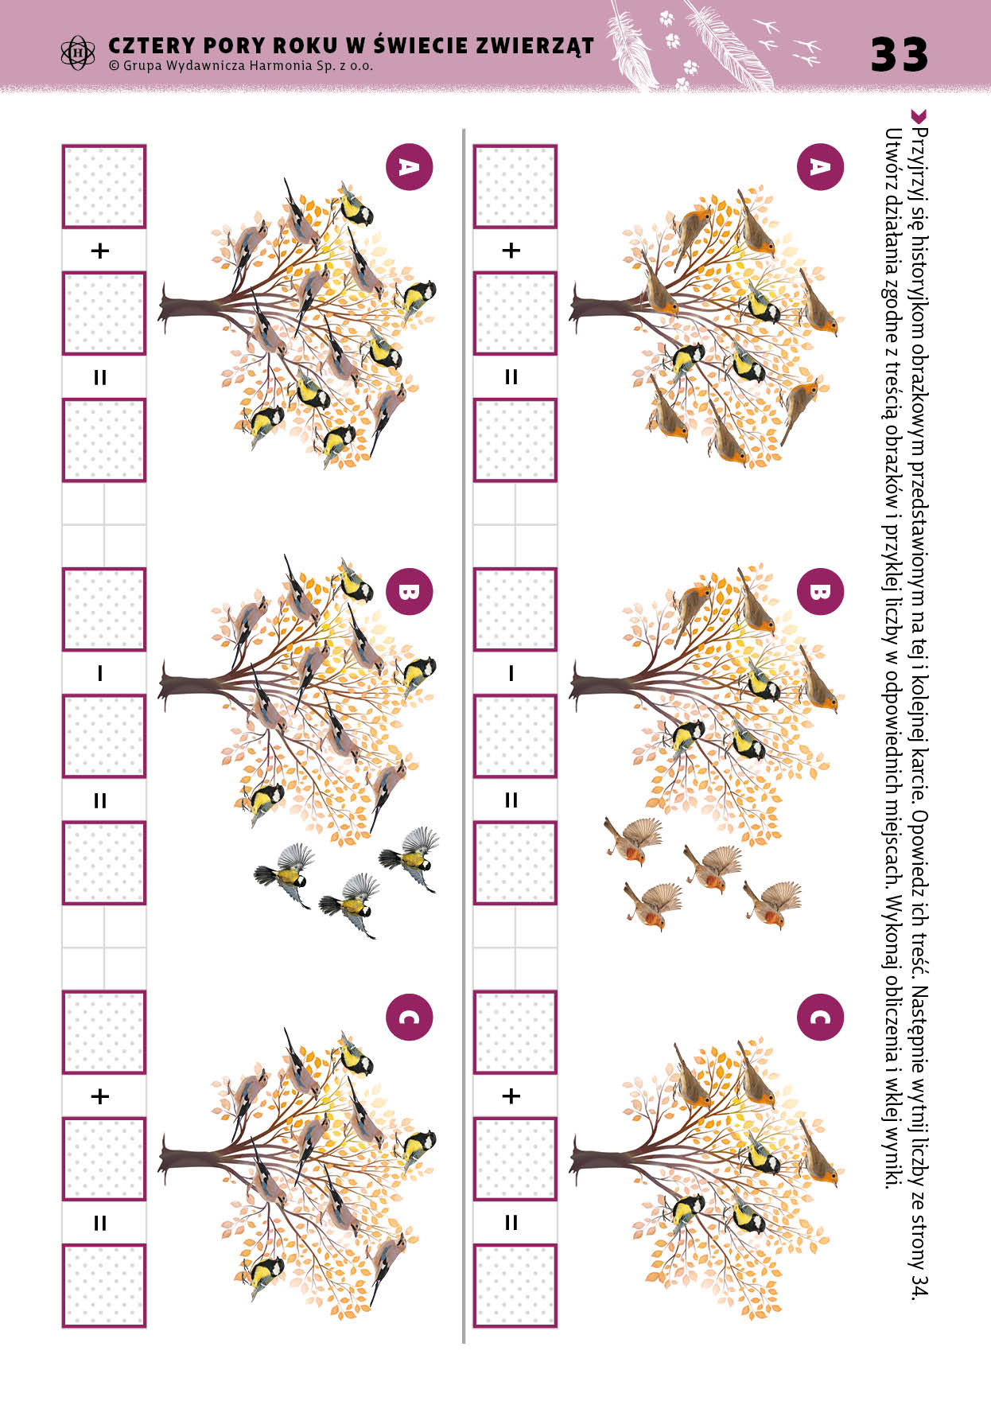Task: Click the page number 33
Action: point(900,54)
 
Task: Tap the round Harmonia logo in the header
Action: point(77,53)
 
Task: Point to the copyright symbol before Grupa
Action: point(114,66)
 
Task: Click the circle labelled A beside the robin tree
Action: point(819,167)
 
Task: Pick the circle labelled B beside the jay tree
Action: point(409,592)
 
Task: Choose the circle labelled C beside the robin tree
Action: point(819,1017)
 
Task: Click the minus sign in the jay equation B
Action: point(100,673)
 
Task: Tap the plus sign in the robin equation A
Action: point(511,251)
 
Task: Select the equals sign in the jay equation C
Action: point(100,1223)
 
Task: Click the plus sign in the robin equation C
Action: point(511,1096)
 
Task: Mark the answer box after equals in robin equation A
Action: point(515,440)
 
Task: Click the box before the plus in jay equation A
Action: point(104,186)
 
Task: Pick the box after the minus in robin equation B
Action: point(515,736)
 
